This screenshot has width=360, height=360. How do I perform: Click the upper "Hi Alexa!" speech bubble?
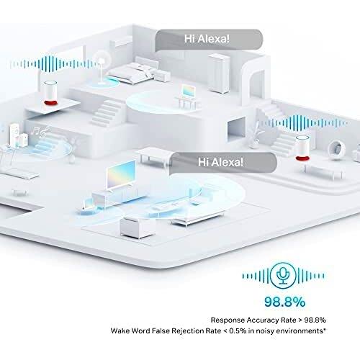(x=209, y=40)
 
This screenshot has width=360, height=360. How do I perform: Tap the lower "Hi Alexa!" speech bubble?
(x=223, y=163)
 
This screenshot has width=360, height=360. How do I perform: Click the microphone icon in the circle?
(x=283, y=275)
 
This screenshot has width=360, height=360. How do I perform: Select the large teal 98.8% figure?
(x=284, y=302)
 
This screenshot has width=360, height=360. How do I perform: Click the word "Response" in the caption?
(x=228, y=320)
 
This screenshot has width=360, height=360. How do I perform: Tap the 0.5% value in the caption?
(x=238, y=330)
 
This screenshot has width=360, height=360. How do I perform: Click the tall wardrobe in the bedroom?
(x=219, y=73)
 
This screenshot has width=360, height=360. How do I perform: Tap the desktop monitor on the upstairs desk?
(x=189, y=91)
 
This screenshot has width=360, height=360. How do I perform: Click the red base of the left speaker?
(x=51, y=103)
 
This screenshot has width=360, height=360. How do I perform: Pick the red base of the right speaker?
(x=302, y=158)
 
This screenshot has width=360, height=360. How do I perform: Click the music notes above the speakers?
(x=40, y=131)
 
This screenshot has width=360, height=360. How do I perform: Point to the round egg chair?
(x=337, y=148)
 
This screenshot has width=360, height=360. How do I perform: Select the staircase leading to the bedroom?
(x=106, y=113)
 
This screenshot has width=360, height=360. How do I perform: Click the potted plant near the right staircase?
(x=255, y=135)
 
